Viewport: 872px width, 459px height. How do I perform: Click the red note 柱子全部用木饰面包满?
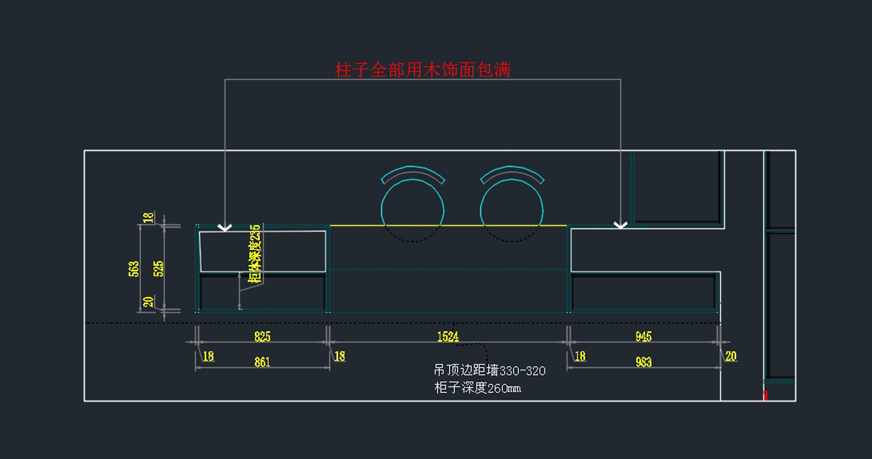coord(423,70)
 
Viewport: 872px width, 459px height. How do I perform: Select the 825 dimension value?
coord(262,336)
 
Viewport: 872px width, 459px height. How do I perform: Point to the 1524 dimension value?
coord(448,336)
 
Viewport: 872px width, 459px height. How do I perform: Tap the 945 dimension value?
coord(643,336)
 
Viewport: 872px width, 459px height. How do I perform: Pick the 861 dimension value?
coord(262,362)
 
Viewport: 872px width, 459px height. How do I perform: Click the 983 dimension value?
coord(643,362)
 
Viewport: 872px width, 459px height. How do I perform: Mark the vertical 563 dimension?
coord(133,269)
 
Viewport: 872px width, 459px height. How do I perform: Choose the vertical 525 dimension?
coord(158,269)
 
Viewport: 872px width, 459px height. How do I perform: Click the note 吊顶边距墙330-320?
coord(489,371)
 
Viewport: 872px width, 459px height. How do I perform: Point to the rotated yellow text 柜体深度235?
coord(254,254)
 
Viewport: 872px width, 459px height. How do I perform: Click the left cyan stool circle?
coord(413,209)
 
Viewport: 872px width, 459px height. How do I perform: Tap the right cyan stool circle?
coord(512,209)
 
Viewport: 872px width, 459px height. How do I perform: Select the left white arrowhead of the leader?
coord(225,227)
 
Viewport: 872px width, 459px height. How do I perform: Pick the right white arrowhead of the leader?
coord(620,225)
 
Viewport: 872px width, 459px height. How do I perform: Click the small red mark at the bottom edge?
coord(765,395)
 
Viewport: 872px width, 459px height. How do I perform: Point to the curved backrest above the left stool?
coord(413,174)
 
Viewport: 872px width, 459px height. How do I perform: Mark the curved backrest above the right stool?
coord(512,174)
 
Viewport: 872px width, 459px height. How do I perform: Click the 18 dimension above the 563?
coord(148,217)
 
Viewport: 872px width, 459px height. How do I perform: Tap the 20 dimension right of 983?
coord(730,356)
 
